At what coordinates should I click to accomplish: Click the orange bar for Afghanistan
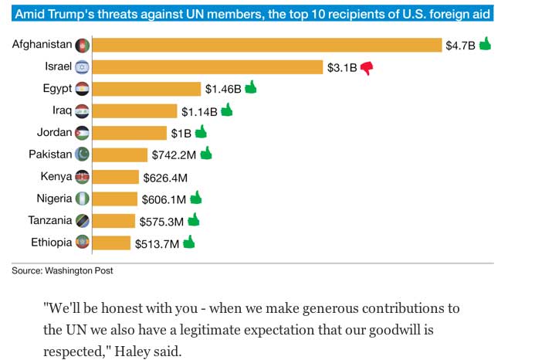(266, 46)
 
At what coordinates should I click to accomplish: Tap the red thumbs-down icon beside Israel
(366, 67)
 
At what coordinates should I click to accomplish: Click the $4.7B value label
(460, 46)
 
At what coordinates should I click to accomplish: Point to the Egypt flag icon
(82, 89)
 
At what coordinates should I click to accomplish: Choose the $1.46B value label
(222, 89)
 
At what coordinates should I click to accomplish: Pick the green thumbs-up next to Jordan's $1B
(201, 131)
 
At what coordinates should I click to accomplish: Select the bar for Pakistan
(120, 155)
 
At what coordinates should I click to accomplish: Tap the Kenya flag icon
(82, 177)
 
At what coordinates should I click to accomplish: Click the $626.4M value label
(166, 177)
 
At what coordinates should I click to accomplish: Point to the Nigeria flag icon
(82, 199)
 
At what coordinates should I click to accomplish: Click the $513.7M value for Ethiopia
(157, 243)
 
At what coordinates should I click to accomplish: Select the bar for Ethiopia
(111, 243)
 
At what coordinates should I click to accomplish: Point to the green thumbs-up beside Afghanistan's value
(485, 45)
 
